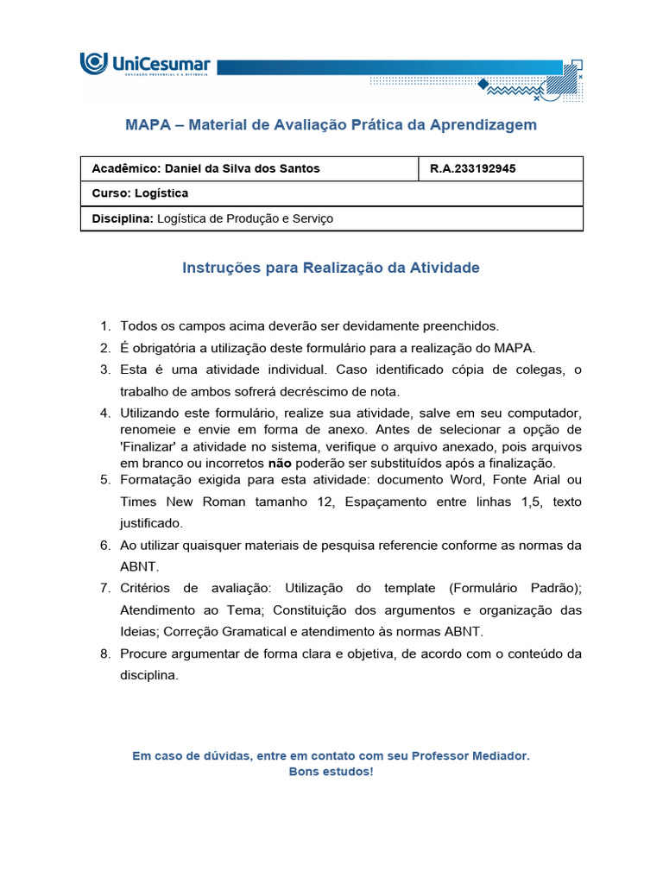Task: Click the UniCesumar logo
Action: [x=145, y=65]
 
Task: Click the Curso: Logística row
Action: [x=140, y=193]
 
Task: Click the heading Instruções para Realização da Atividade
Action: [x=331, y=268]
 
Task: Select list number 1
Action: [x=104, y=326]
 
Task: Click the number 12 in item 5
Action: [x=325, y=502]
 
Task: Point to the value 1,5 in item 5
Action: [x=516, y=502]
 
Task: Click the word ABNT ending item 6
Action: [x=135, y=567]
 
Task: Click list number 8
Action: [x=104, y=654]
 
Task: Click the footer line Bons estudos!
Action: [x=331, y=772]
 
